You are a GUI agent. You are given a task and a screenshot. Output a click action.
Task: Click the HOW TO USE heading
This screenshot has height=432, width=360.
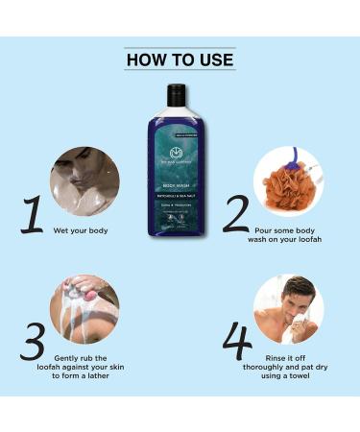(180, 60)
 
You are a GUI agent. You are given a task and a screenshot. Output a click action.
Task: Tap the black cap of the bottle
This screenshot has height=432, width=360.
(176, 93)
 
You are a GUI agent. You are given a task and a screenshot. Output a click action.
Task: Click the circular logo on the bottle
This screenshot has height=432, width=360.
(176, 154)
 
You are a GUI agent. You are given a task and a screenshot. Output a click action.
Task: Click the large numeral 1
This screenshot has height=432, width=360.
(33, 216)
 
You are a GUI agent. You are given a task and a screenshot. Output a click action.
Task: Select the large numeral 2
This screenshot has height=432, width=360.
(235, 216)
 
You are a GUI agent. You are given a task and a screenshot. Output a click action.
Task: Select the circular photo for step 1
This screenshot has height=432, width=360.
(84, 180)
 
